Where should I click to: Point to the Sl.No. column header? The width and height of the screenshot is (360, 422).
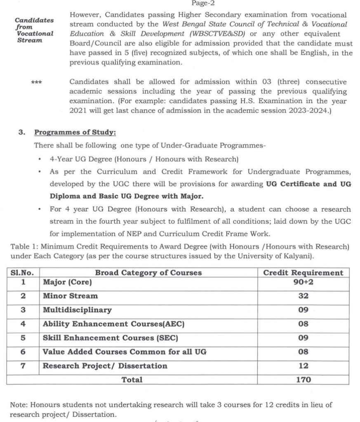coord(23,272)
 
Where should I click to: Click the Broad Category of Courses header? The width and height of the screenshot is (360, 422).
coord(148,272)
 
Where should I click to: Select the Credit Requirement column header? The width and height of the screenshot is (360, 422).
coord(303,273)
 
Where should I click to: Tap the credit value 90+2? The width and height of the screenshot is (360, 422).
coord(303,282)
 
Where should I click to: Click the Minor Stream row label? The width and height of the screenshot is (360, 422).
coord(71,296)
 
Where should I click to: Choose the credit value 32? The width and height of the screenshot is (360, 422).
coord(303,296)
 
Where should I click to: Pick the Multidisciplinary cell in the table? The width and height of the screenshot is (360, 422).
coord(77,310)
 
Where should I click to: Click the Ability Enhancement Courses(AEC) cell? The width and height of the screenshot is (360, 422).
coord(113,324)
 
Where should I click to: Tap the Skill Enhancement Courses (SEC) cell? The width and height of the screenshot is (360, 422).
coord(111,338)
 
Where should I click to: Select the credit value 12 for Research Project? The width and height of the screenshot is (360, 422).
coord(303,366)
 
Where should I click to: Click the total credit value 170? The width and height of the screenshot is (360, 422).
coord(303,380)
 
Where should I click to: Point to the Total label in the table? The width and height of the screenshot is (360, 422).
coord(132,380)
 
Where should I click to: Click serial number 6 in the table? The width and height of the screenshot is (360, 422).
coord(23,352)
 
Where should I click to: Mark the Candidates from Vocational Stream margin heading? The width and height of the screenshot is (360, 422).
coord(35,30)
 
